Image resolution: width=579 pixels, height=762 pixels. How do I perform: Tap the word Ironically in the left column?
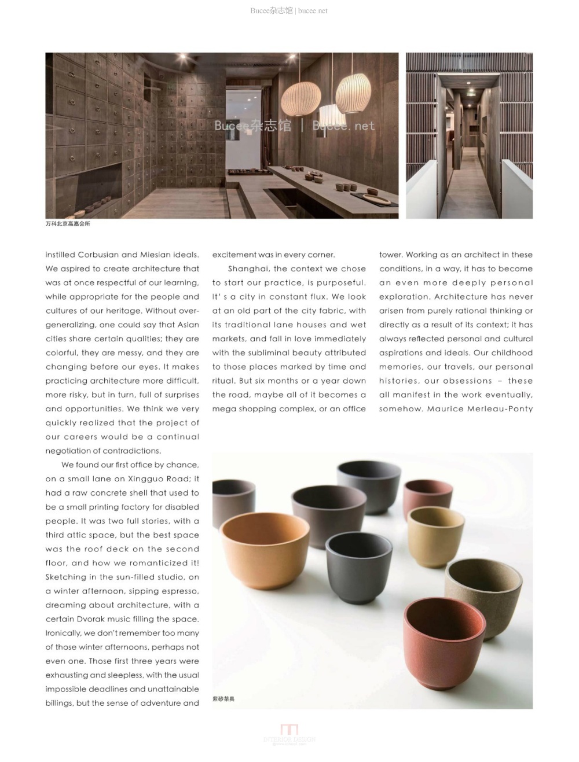(63, 633)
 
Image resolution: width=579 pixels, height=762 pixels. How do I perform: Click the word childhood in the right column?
(512, 352)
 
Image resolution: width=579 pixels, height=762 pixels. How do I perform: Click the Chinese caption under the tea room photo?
(68, 224)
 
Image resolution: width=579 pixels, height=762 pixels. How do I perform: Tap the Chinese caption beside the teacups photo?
(223, 699)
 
